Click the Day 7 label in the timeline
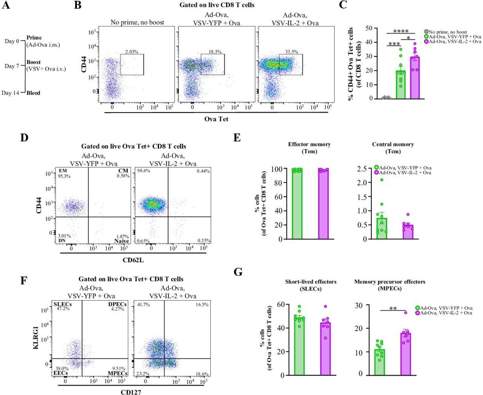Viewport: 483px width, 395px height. (12, 66)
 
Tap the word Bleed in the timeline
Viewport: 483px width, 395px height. (33, 93)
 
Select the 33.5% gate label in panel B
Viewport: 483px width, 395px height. (292, 52)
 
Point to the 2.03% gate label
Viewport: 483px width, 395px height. (132, 52)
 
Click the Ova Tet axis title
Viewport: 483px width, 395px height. (216, 119)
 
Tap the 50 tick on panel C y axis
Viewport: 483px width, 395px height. (369, 28)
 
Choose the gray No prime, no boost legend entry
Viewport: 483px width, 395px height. (448, 32)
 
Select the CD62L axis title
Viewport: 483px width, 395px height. (133, 260)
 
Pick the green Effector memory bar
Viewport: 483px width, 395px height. (297, 204)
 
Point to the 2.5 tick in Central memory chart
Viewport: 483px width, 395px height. (361, 169)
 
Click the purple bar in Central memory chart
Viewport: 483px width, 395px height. (408, 232)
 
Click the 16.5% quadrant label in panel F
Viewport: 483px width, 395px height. (202, 304)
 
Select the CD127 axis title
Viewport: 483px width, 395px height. (131, 392)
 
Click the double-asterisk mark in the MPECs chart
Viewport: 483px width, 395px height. (393, 309)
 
